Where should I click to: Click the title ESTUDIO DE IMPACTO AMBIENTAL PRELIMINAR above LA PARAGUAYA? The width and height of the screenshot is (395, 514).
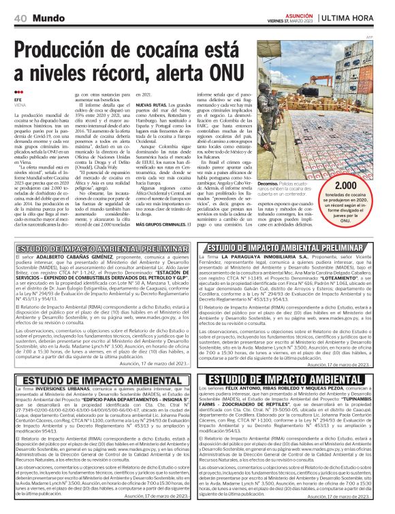tap(294, 247)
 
